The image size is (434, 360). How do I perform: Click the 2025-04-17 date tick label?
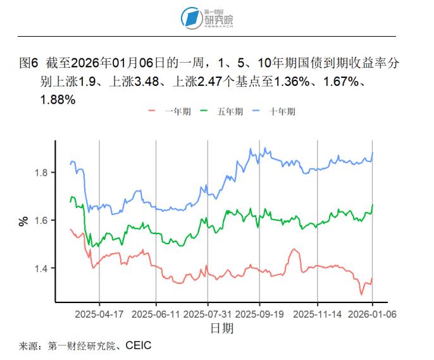[99, 314]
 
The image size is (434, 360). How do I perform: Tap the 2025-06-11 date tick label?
[156, 314]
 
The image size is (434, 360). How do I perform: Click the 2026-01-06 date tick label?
[372, 314]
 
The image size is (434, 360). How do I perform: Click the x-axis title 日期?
[221, 328]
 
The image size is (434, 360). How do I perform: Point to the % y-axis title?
[24, 221]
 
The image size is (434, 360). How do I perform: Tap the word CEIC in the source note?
[139, 346]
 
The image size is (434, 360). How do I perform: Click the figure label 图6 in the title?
[29, 64]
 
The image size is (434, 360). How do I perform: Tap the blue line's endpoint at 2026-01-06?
[373, 152]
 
